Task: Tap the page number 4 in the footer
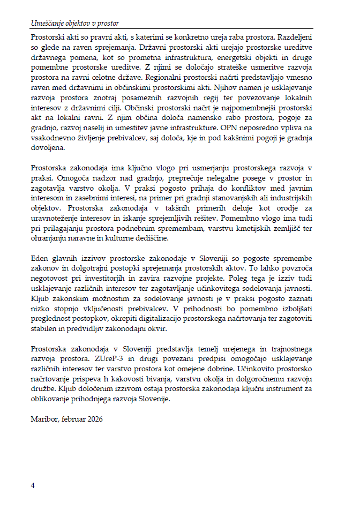point(33,485)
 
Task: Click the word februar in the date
point(73,418)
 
